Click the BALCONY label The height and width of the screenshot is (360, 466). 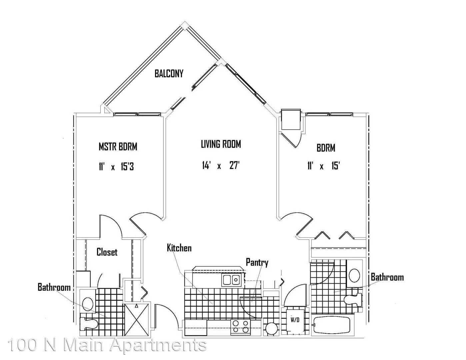click(x=169, y=74)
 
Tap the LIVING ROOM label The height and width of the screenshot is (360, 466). click(x=221, y=144)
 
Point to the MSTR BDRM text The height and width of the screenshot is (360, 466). click(x=118, y=147)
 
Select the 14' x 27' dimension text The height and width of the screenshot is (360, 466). click(x=221, y=165)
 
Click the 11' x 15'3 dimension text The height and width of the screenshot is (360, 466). click(x=116, y=167)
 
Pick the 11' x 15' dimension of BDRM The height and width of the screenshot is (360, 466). click(x=324, y=166)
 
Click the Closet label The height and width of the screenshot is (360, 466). click(x=107, y=252)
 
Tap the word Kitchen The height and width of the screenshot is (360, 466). click(x=179, y=248)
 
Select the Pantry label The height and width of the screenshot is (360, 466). click(x=257, y=263)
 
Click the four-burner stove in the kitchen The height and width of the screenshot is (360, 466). click(x=240, y=327)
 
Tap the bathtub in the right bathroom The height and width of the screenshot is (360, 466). click(x=332, y=325)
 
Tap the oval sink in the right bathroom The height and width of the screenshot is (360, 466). click(x=354, y=276)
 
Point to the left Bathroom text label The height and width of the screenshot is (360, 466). click(x=54, y=287)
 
